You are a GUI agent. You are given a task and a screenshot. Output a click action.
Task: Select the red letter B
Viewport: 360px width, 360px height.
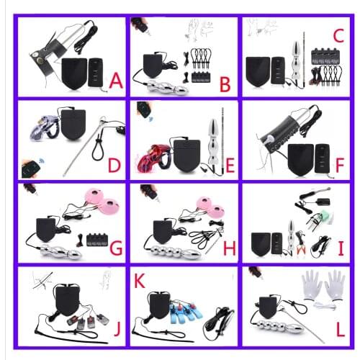225,86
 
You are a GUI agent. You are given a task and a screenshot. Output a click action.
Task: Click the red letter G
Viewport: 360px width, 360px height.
115,249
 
